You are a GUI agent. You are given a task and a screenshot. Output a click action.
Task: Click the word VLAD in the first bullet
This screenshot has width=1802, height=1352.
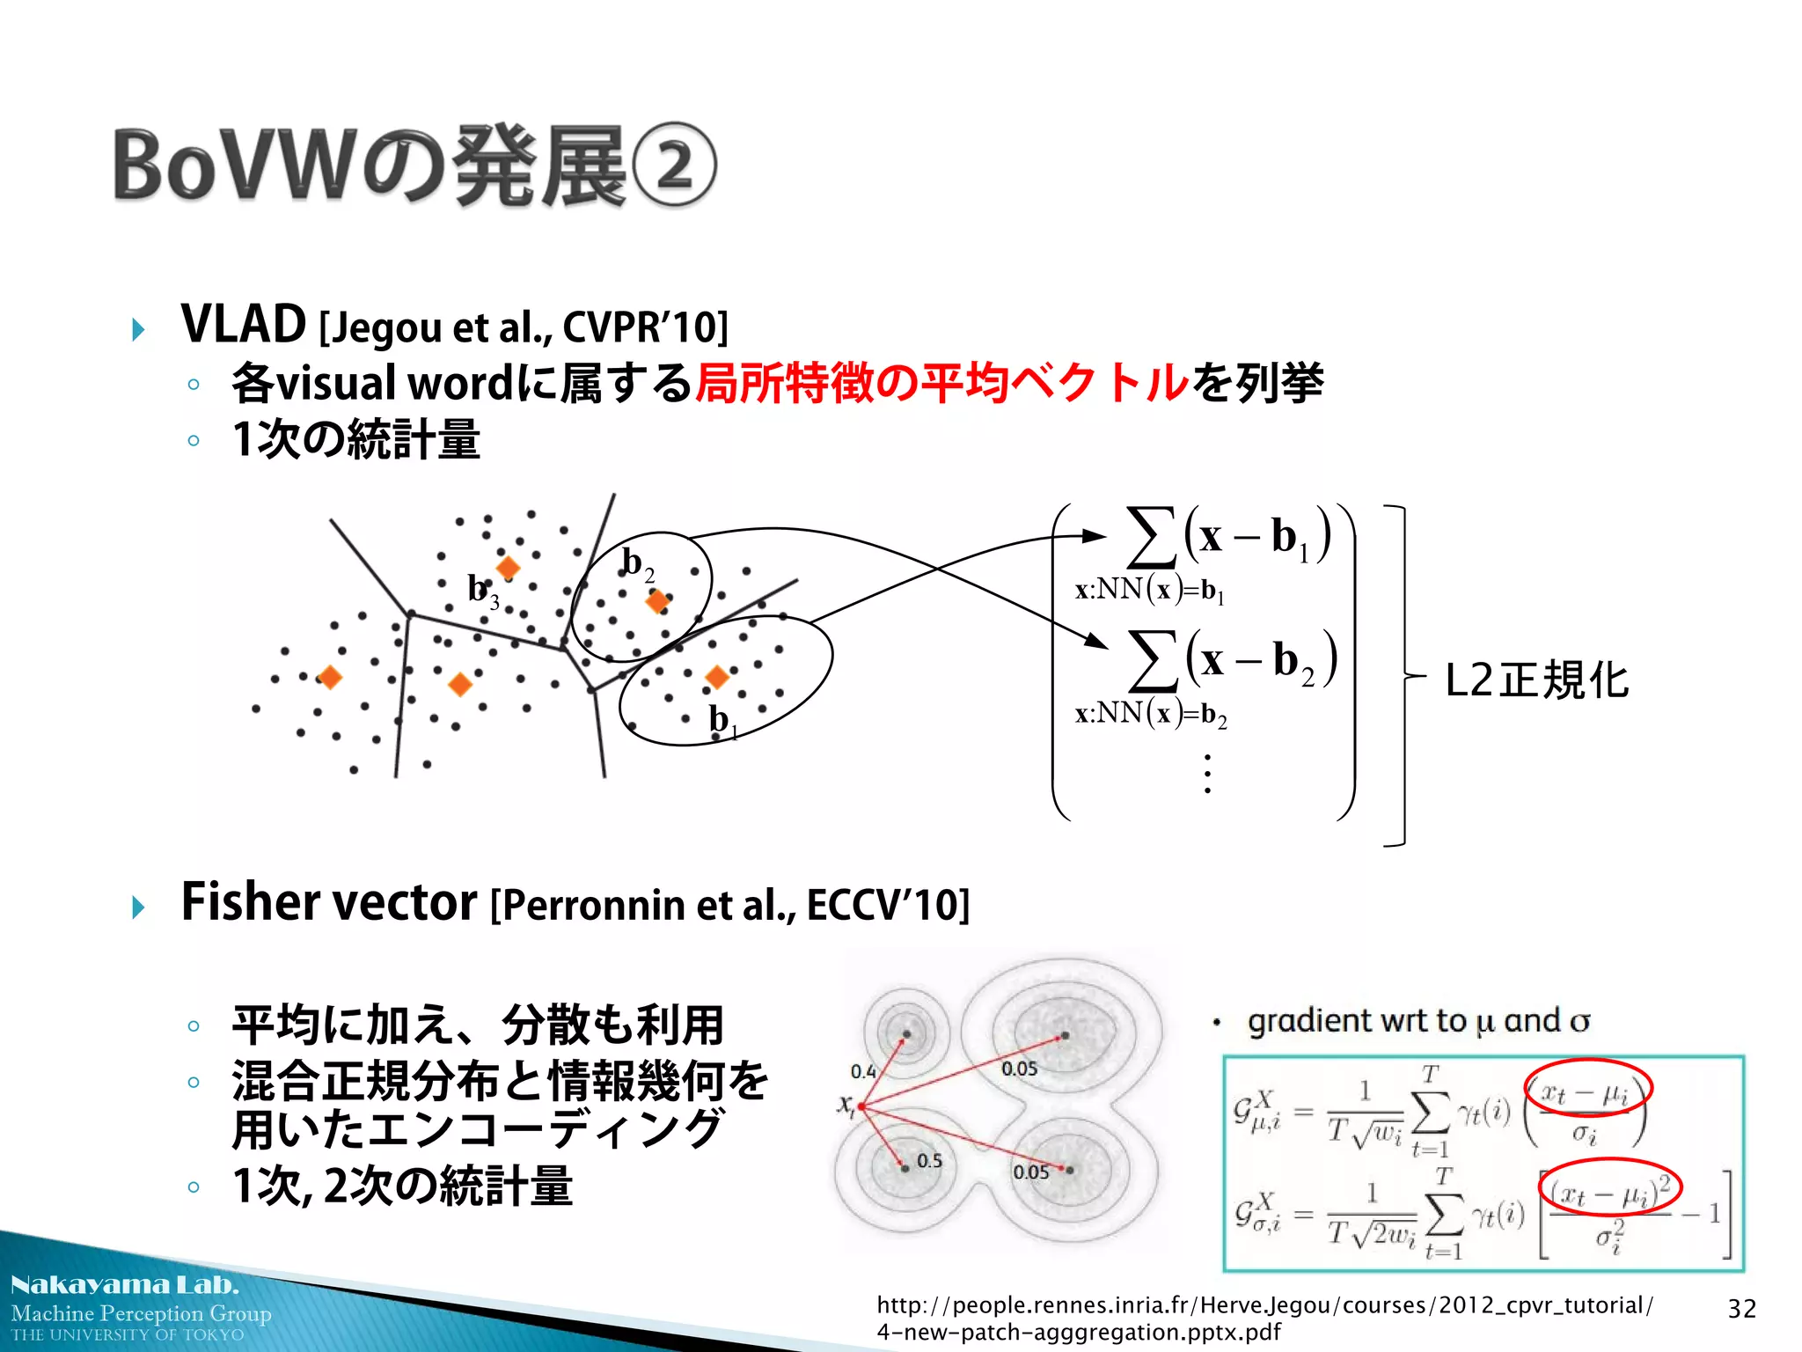point(243,324)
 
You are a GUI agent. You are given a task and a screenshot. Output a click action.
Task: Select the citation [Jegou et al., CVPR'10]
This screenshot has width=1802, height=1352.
point(524,327)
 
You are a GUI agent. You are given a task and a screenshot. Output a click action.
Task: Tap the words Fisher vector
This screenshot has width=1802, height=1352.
point(329,902)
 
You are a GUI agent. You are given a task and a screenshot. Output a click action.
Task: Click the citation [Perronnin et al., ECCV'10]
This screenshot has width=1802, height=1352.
point(729,905)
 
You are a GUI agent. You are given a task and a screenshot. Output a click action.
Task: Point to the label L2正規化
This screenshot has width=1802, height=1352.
point(1536,680)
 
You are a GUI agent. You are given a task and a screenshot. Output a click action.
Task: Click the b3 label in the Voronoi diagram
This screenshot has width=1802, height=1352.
point(482,589)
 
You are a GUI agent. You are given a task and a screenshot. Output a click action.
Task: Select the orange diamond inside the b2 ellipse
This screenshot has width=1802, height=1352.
point(656,601)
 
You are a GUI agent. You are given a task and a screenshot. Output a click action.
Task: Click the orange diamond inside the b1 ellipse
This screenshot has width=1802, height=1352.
point(717,676)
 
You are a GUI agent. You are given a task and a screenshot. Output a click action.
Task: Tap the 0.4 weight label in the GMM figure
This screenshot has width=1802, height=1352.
point(862,1071)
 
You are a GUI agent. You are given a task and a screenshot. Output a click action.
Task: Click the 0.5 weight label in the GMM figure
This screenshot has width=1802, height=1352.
point(929,1161)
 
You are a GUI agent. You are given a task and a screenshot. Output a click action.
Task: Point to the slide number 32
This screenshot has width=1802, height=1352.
point(1741,1309)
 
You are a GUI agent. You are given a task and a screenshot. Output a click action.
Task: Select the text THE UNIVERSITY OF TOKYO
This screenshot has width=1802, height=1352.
point(128,1335)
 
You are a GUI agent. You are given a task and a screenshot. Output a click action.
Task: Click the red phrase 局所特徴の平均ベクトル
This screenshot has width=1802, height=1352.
point(941,383)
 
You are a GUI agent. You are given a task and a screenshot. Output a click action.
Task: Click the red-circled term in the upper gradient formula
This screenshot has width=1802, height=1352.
point(1587,1095)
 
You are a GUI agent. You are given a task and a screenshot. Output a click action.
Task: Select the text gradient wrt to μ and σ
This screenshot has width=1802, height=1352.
point(1417,1021)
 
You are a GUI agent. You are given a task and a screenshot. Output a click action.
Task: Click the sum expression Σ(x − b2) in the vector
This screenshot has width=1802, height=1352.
point(1232,660)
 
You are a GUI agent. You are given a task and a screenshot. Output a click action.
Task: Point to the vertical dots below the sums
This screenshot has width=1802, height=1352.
point(1207,774)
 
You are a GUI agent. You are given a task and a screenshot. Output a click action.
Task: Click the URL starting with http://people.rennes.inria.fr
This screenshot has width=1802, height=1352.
point(1264,1318)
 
